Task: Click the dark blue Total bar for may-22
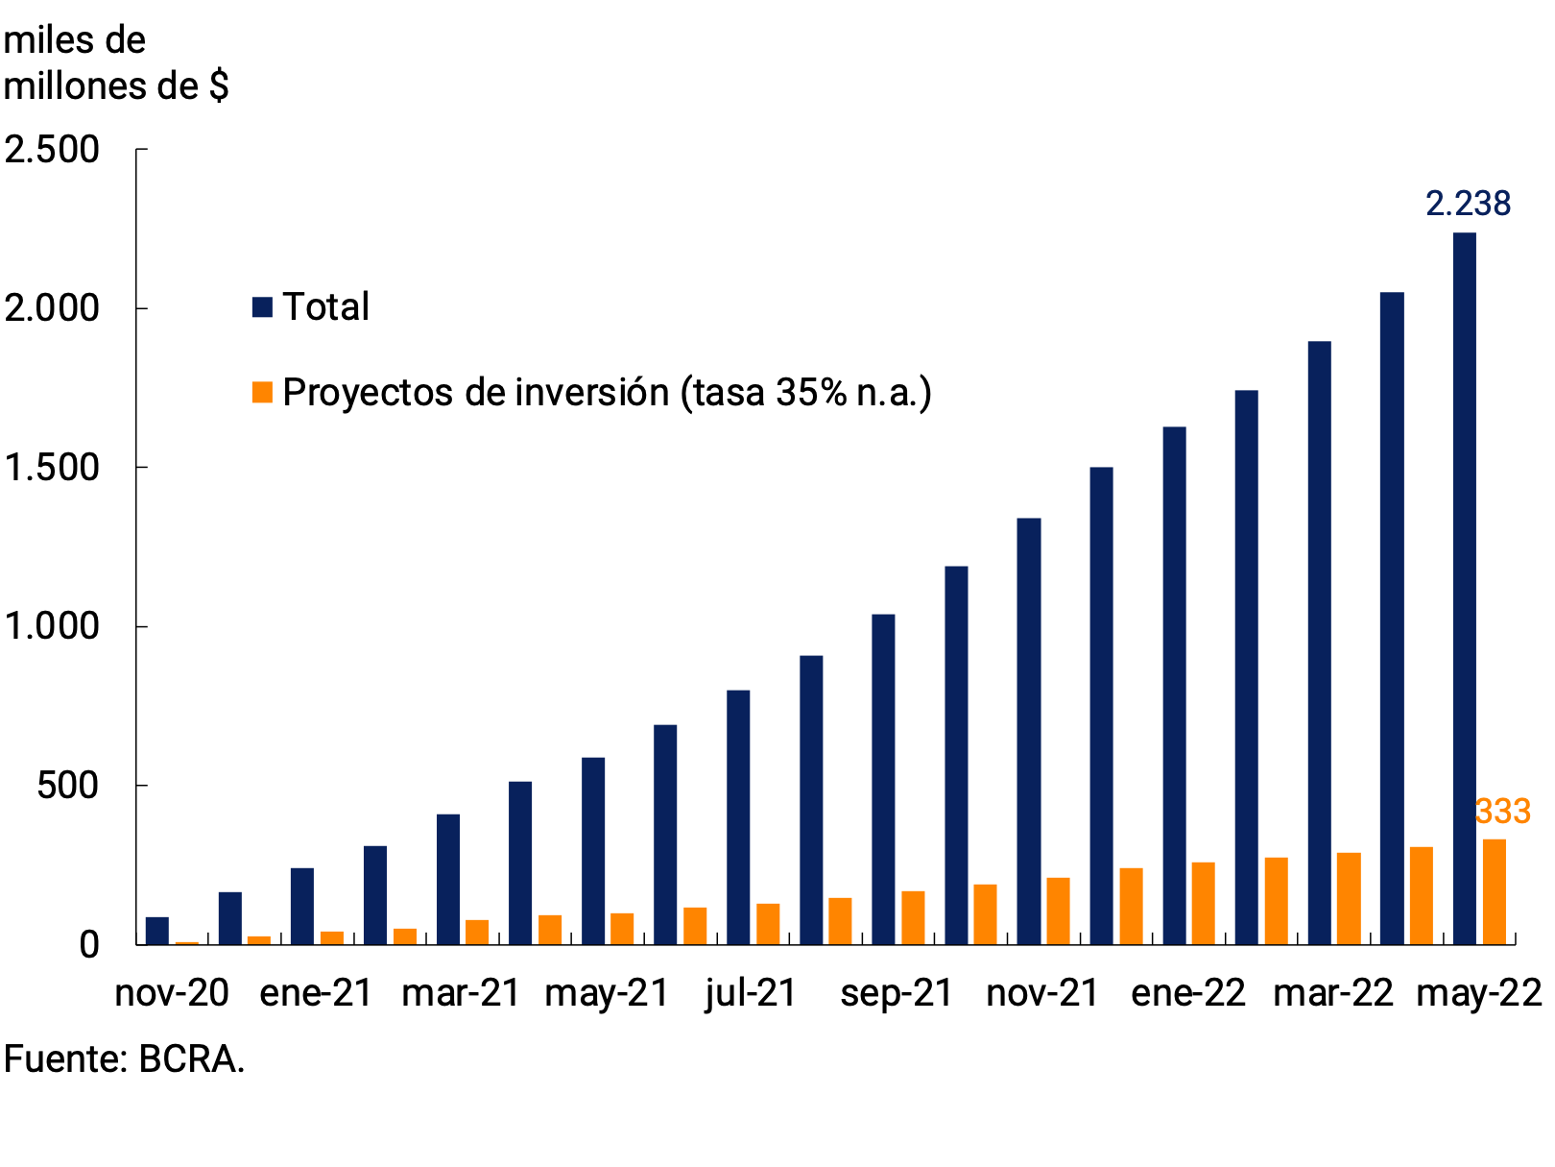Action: [1464, 588]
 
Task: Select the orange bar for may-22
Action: [1494, 891]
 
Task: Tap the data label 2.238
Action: [1467, 204]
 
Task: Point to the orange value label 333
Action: [1501, 812]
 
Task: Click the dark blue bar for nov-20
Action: [157, 931]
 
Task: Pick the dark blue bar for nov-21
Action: [1028, 731]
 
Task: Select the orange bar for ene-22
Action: [1203, 903]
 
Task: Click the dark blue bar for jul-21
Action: [738, 816]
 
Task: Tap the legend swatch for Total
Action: [262, 307]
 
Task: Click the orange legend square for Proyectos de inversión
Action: [262, 392]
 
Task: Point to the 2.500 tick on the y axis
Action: [52, 150]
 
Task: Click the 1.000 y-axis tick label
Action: [52, 626]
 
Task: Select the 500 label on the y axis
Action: [67, 786]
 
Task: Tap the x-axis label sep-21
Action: [896, 993]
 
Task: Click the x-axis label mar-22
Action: [1332, 993]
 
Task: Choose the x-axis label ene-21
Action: [316, 993]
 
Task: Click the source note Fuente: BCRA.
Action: [124, 1059]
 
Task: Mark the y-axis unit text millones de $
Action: [115, 86]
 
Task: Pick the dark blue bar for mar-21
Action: [447, 879]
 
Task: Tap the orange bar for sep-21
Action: [913, 917]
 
